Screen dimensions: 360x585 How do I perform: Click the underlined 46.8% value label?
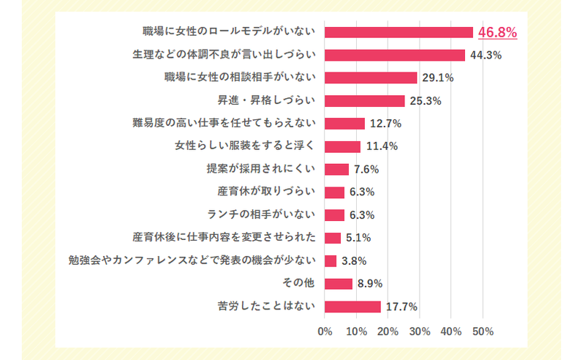498,32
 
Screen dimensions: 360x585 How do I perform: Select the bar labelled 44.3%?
395,55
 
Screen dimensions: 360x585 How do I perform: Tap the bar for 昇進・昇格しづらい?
364,101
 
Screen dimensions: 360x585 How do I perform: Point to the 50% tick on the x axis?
483,331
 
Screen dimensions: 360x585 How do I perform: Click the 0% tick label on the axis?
325,331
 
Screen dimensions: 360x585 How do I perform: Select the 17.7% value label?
401,307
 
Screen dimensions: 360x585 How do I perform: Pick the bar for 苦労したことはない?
352,307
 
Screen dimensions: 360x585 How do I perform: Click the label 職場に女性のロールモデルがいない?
230,32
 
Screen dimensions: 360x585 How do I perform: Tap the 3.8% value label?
354,261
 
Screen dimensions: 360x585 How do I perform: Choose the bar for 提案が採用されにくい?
336,169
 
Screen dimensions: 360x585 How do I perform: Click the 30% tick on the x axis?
420,331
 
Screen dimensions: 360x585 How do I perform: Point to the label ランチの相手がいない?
261,215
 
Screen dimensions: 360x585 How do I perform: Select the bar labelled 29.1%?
371,78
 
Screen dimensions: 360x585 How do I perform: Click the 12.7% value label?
384,124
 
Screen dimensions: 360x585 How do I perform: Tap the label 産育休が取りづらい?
266,192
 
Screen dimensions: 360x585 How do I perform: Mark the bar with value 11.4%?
342,146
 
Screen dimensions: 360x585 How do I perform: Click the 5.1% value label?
359,238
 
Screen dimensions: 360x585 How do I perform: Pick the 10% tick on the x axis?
356,331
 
